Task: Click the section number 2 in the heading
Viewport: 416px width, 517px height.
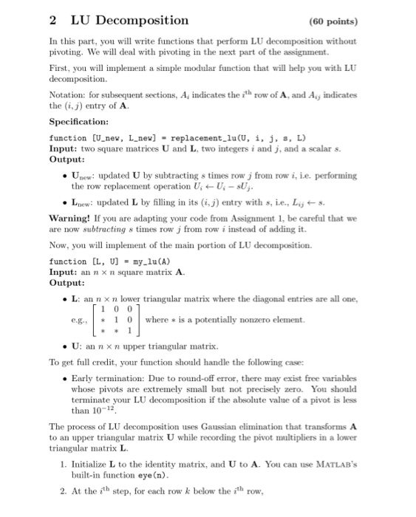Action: (x=53, y=20)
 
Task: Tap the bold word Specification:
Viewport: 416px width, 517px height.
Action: (x=79, y=121)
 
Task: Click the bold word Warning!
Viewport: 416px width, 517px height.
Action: (x=71, y=219)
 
